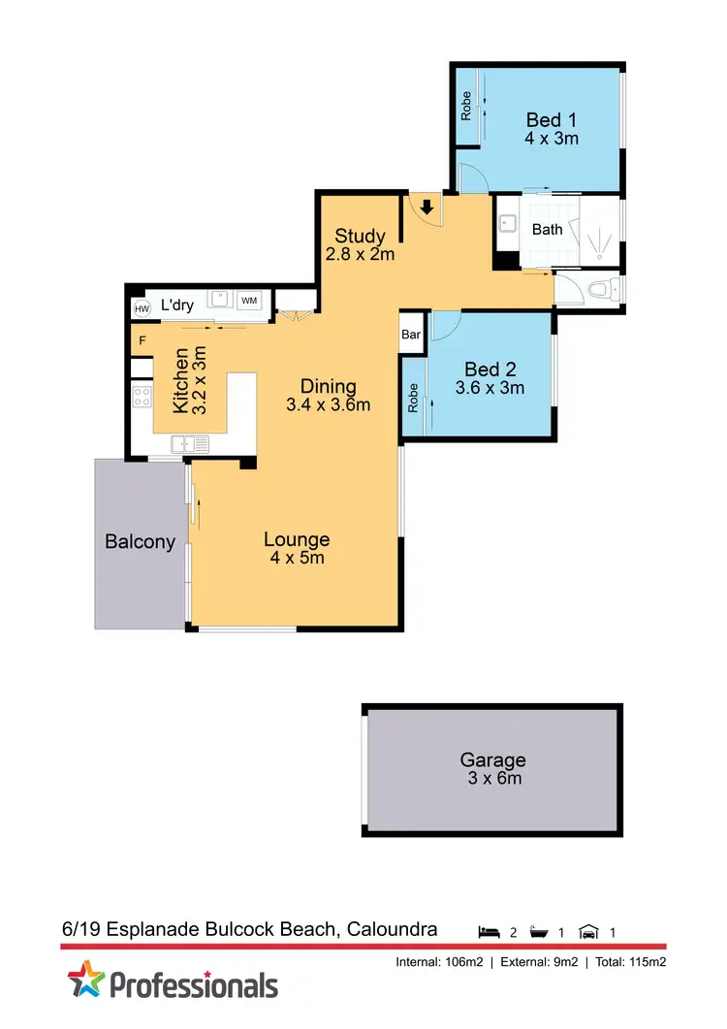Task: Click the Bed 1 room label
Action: coord(552,120)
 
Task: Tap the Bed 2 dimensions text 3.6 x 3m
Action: coord(490,388)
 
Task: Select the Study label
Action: coord(361,236)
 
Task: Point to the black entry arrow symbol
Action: coord(427,206)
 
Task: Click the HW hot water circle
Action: coord(142,308)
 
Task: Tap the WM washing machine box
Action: coord(249,302)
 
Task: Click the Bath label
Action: coord(548,230)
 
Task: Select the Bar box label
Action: coord(412,335)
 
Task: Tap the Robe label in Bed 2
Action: coord(414,399)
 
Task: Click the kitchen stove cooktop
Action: coord(142,396)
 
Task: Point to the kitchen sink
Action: coord(190,444)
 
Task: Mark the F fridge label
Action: coord(142,340)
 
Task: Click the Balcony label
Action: coord(140,542)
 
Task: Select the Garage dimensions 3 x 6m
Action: coord(493,778)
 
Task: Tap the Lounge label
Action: coord(297,540)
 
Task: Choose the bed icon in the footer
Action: coord(490,932)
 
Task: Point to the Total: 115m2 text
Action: coord(631,962)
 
